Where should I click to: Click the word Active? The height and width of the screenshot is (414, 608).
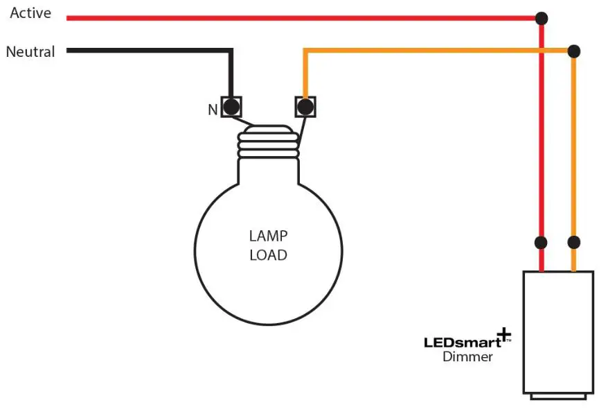pos(30,13)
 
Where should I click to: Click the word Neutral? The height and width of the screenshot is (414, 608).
pos(30,52)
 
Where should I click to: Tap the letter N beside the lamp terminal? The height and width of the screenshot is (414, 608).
pos(213,109)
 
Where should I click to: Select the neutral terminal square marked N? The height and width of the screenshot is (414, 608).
pos(231,107)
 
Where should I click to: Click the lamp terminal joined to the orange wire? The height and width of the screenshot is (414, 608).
pos(305,107)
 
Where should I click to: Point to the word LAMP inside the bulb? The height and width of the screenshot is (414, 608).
pos(268,236)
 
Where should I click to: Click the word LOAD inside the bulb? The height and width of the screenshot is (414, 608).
pos(268,255)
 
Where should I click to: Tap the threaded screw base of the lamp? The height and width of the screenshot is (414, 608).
pos(268,143)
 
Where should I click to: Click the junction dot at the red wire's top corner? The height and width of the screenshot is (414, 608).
pos(542,17)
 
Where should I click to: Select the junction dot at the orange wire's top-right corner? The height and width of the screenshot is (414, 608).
pos(573,51)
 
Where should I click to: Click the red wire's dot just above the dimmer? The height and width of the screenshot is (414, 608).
pos(542,243)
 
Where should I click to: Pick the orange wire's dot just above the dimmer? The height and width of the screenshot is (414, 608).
pos(573,243)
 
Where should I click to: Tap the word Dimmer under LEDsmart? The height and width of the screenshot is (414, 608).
pos(468,357)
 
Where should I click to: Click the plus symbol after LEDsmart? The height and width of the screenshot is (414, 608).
pos(503,336)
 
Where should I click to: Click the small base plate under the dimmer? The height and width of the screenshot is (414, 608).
pos(558,396)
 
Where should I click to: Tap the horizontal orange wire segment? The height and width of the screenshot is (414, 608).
pos(436,51)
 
